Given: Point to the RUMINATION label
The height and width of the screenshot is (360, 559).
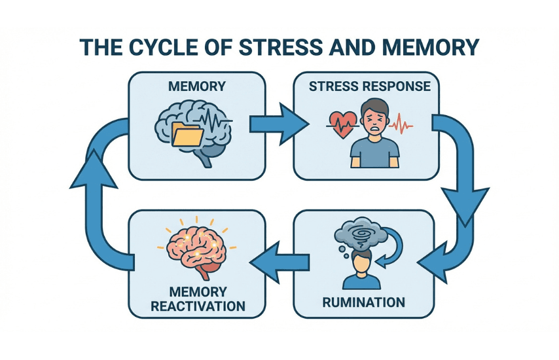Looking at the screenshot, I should tap(364, 302).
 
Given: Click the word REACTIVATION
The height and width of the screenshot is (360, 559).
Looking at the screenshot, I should tap(198, 306).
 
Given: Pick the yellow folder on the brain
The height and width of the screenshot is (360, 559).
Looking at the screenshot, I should tap(188, 135).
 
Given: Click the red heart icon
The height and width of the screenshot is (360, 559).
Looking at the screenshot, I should tap(342, 122).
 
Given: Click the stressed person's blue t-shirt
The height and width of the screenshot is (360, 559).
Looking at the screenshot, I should tap(374, 152).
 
